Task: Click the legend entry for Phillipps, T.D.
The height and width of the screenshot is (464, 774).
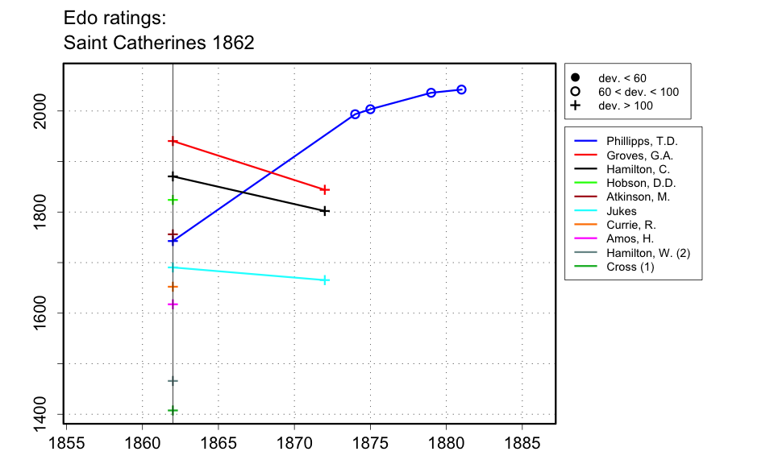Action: tap(642, 141)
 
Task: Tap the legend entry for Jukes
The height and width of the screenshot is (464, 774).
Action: tap(621, 211)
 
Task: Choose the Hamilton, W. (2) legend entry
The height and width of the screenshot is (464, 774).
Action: tap(647, 253)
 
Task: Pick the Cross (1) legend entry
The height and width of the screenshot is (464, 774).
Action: tap(630, 267)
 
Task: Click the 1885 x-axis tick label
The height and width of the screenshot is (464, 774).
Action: tap(522, 442)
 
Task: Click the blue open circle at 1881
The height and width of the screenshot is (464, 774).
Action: tap(461, 89)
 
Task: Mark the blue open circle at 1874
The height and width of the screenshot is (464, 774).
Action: tap(355, 114)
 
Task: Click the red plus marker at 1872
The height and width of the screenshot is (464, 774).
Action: tap(325, 190)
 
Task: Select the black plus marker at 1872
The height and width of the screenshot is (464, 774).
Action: tap(325, 211)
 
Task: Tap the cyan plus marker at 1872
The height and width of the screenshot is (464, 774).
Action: tap(325, 280)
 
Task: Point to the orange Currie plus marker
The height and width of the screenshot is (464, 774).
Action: tap(173, 286)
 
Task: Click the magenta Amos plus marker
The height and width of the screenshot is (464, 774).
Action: tap(173, 304)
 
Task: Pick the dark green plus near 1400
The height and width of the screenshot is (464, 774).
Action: tap(173, 410)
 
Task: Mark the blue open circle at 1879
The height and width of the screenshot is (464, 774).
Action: tap(431, 93)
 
